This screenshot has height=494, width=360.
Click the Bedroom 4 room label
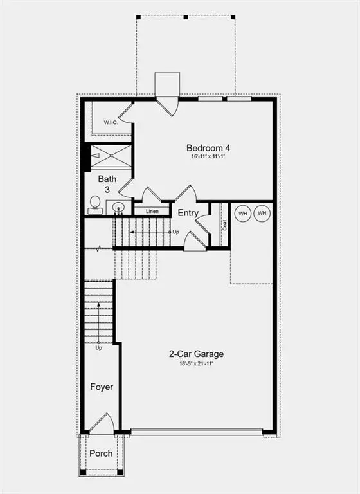pos(208,147)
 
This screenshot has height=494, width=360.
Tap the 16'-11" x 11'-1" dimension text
pos(208,156)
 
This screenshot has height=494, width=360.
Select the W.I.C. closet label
pos(110,122)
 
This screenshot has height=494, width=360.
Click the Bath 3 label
pos(106,184)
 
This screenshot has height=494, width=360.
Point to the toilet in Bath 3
pos(94,205)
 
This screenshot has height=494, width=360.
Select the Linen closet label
pos(152,211)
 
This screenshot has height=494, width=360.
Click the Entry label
pos(188,214)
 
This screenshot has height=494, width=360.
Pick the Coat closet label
pos(225,225)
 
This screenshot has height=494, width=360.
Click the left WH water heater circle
pos(243,213)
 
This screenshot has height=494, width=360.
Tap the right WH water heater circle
pos(262,213)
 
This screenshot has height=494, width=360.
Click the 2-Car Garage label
pos(197,354)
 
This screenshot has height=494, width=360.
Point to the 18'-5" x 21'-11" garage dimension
pos(197,364)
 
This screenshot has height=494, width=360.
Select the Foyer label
pos(101,387)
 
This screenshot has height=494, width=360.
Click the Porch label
pos(101,453)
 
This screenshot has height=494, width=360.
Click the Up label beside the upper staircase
pos(175,232)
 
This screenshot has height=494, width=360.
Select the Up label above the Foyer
pos(99,349)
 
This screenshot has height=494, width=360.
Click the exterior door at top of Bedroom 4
pos(167,105)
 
